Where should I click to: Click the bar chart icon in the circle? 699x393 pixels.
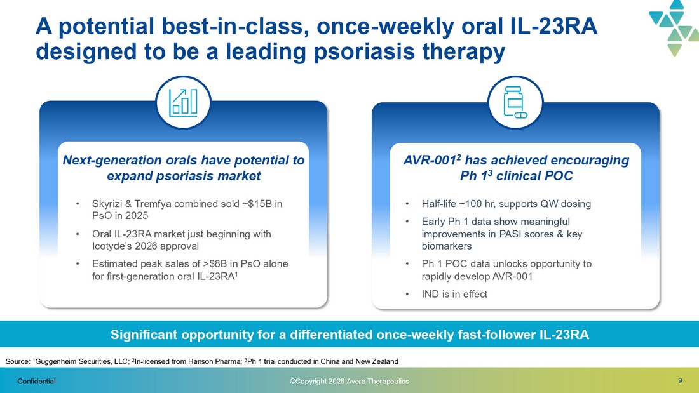tap(183, 102)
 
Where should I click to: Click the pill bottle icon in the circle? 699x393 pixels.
tap(515, 102)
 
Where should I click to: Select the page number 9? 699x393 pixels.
tap(680, 380)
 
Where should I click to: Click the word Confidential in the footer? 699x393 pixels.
tap(37, 382)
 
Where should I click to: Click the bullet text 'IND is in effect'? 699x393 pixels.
tap(454, 294)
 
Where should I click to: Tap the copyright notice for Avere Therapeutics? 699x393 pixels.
tap(349, 382)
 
